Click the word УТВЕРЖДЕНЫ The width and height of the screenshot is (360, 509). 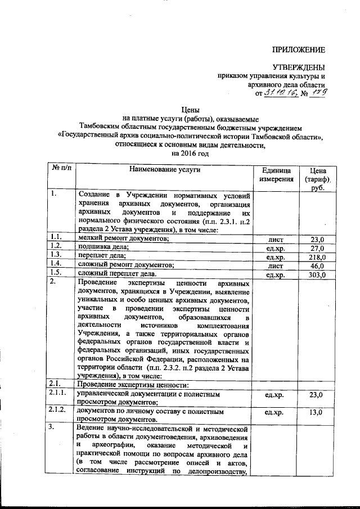(x=299, y=67)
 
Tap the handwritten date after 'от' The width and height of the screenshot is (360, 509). (x=279, y=93)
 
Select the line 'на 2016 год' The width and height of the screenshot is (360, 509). (x=190, y=152)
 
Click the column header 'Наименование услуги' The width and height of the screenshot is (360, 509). (x=164, y=169)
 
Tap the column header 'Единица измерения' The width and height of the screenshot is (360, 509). (x=276, y=174)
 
